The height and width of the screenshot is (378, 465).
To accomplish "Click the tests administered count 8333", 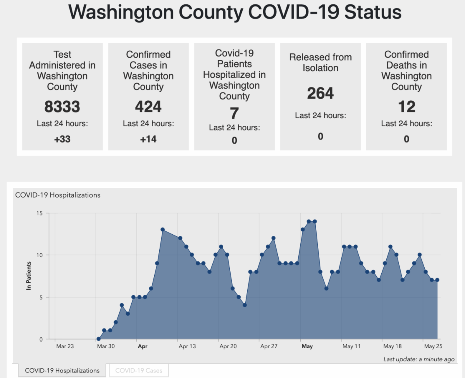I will (x=62, y=107).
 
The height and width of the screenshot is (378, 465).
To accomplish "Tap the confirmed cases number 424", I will (x=148, y=107).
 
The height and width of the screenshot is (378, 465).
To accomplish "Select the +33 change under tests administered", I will (x=62, y=139).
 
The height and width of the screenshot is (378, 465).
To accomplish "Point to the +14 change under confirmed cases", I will (x=148, y=139).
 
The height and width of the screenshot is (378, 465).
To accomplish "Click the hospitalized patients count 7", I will (x=234, y=113).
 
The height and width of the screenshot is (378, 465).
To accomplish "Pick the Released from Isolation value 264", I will (x=320, y=93).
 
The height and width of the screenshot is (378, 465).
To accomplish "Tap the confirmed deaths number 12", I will (x=406, y=107).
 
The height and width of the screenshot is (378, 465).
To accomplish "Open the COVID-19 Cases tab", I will (x=139, y=371).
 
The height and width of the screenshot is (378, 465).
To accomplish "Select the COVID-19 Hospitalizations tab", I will (x=62, y=371).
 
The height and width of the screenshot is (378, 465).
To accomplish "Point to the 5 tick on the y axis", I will (x=41, y=297).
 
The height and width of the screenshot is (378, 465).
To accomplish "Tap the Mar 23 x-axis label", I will (x=65, y=346).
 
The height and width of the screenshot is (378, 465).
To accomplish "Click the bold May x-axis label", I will (x=307, y=346).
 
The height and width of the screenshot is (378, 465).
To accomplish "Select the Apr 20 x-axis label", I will (x=228, y=346).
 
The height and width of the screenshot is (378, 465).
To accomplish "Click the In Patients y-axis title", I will (x=29, y=276).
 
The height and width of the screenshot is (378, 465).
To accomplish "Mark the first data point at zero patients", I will (x=98, y=339).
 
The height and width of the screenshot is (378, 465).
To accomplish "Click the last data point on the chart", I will (x=437, y=280).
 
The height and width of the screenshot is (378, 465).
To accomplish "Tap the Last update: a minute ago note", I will (x=419, y=359).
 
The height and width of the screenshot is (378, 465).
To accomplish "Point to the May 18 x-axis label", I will (x=392, y=346).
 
